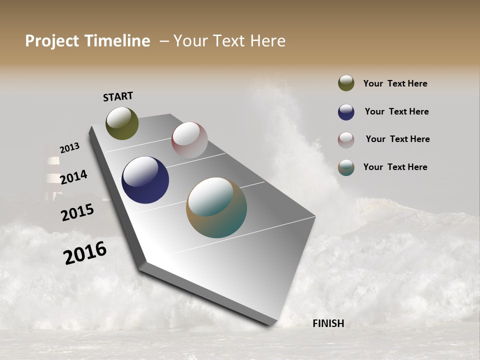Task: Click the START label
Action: [x=118, y=96]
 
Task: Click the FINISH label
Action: [x=328, y=323]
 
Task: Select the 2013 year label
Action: [x=69, y=148]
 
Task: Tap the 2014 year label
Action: [x=73, y=177]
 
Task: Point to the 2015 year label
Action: [x=77, y=212]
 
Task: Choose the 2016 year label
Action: [x=85, y=253]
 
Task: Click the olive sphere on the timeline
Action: [x=122, y=123]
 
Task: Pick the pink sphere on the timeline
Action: [x=189, y=140]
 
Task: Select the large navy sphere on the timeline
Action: [x=145, y=180]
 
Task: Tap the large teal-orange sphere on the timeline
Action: [x=216, y=207]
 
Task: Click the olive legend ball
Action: [x=346, y=83]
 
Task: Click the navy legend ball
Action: [x=346, y=112]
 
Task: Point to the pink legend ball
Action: [x=346, y=140]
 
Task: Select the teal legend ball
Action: [x=346, y=167]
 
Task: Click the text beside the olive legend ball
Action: [x=395, y=83]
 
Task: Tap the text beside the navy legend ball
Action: [x=396, y=111]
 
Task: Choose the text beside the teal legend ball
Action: [x=395, y=167]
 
